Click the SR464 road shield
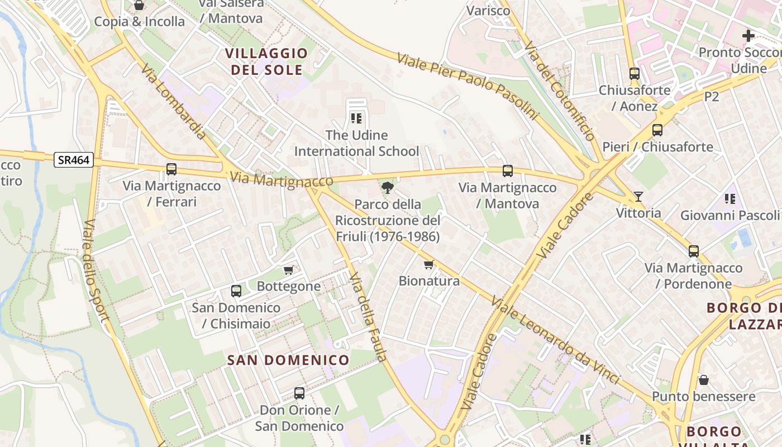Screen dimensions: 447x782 tap(74, 160)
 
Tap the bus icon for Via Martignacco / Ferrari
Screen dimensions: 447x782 tap(171, 169)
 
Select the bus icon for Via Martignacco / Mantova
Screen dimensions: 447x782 tap(507, 171)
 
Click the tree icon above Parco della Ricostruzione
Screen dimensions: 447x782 tap(387, 187)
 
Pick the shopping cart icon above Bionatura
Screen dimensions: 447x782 tap(428, 264)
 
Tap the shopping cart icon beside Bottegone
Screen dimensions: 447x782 tap(289, 270)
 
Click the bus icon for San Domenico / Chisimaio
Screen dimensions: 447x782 tap(236, 291)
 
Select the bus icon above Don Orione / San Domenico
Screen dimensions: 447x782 tap(299, 393)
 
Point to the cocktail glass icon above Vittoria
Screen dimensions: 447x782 tap(638, 196)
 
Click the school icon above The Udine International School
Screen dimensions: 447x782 tap(356, 118)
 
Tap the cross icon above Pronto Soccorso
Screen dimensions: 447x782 tap(748, 36)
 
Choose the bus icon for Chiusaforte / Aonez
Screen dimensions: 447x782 tap(634, 73)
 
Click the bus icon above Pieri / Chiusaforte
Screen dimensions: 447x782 tap(657, 130)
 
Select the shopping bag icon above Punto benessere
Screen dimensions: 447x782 tap(704, 380)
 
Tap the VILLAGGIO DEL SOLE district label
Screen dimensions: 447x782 tap(266, 61)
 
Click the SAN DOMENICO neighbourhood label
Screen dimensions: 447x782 tap(288, 360)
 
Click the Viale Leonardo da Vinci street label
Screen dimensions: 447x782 tap(556, 341)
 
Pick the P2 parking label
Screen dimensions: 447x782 tap(711, 97)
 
